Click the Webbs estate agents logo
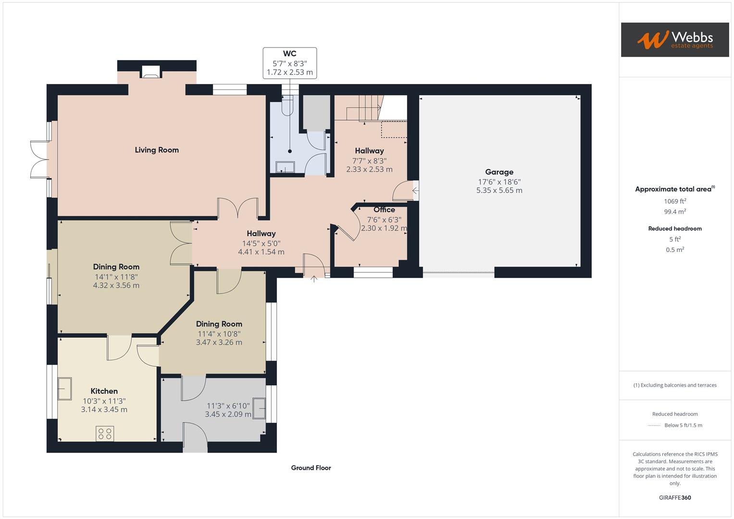[x=674, y=39]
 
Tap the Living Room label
[x=157, y=150]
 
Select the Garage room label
[x=499, y=172]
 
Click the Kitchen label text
[x=104, y=391]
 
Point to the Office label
[x=384, y=210]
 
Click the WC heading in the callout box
[x=289, y=54]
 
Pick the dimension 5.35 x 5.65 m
[x=499, y=190]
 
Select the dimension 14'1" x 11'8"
[x=116, y=277]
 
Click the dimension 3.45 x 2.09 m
[x=228, y=414]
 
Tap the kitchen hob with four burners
[x=105, y=434]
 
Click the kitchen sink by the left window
[x=64, y=388]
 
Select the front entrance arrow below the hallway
[x=314, y=279]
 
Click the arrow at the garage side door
[x=415, y=191]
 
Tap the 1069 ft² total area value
[x=675, y=201]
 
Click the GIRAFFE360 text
[x=675, y=498]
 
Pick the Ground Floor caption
[x=311, y=468]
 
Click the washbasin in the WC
[x=285, y=166]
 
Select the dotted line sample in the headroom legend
[x=654, y=425]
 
